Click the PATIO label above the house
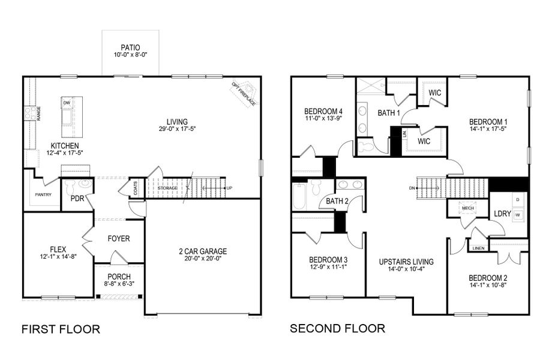coord(130,46)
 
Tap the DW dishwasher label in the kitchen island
coord(67,103)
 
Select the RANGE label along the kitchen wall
coord(38,113)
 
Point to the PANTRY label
coord(43,194)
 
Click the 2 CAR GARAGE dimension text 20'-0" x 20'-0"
coord(203,260)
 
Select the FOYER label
coord(118,238)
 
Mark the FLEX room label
coord(58,247)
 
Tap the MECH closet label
coord(467,209)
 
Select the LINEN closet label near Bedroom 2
coord(478,248)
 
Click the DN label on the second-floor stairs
coord(412,188)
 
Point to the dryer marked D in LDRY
coord(517,199)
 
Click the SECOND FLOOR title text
coord(337,328)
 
